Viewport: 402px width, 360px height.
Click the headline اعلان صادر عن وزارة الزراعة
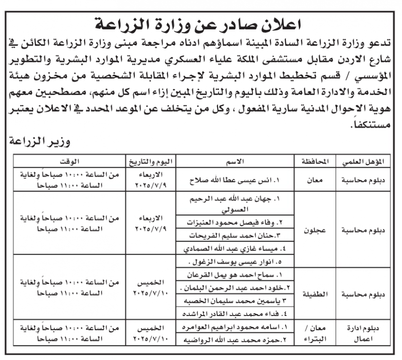[201, 22]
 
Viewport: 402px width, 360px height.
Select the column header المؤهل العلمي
[363, 161]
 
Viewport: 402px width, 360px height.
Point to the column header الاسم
[235, 161]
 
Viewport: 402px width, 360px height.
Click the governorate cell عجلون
[314, 231]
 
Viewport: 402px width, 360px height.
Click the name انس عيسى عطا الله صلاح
[235, 180]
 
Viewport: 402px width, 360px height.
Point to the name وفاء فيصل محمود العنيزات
[235, 222]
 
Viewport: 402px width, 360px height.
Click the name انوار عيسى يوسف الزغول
[235, 262]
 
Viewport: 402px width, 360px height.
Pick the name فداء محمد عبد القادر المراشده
[235, 313]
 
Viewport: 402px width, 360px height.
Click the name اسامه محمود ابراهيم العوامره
[235, 327]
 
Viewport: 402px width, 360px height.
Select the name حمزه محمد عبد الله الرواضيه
[235, 340]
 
